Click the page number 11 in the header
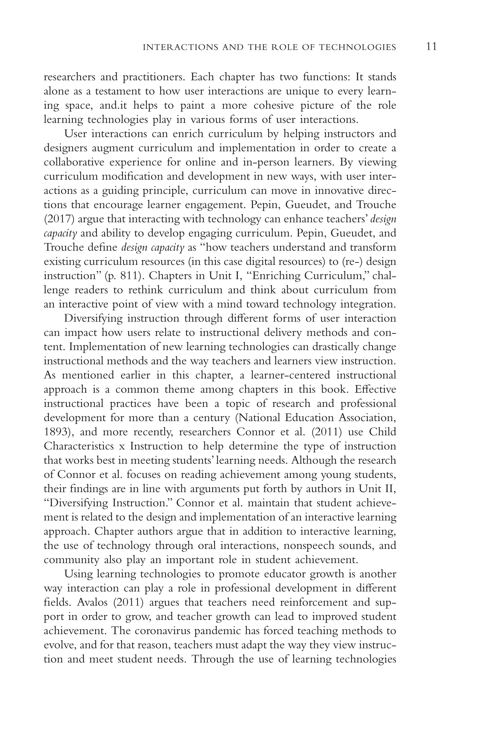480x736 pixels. click(x=431, y=47)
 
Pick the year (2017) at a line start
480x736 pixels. click(x=59, y=219)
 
